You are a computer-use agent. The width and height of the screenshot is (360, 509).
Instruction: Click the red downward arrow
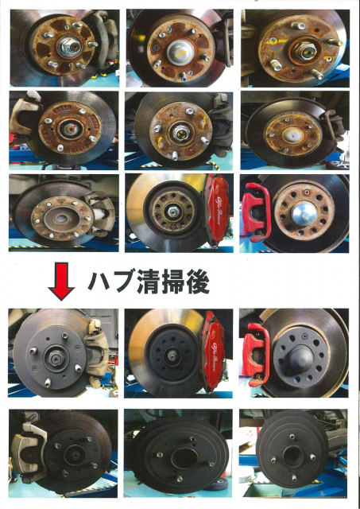click(61, 281)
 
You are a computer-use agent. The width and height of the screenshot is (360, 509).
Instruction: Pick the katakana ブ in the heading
click(124, 281)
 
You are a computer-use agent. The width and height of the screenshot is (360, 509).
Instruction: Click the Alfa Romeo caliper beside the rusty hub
click(217, 208)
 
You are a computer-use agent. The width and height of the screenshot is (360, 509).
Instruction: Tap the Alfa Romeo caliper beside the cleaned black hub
click(214, 349)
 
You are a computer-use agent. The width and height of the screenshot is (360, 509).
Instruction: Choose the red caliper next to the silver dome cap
click(256, 211)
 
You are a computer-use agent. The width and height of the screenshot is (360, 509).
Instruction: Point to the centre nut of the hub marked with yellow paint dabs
click(179, 131)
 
